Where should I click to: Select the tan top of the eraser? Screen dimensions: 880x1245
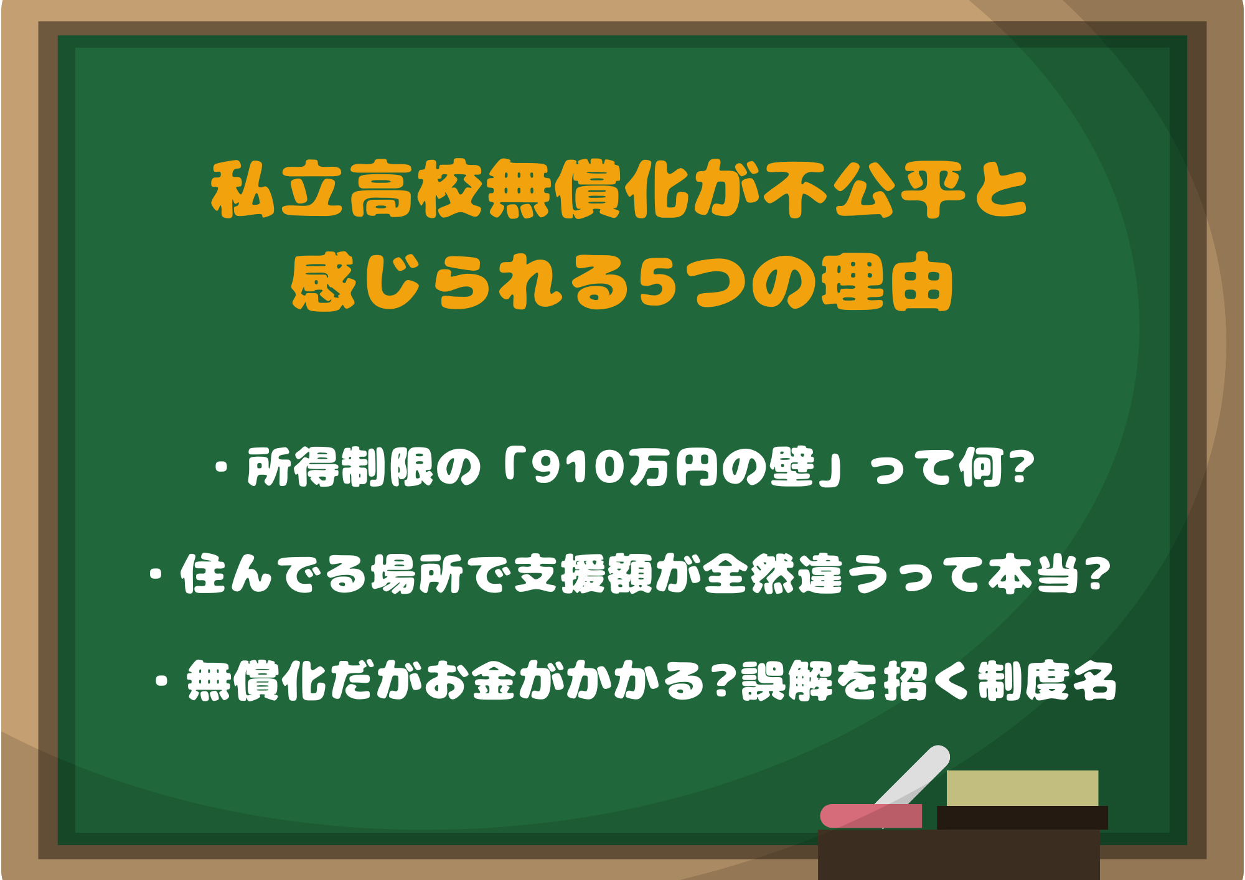[x=1022, y=788]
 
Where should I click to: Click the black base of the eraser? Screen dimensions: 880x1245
[x=1022, y=818]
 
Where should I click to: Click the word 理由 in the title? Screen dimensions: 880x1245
[x=886, y=283]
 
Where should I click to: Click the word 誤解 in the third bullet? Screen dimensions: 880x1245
[x=787, y=681]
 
